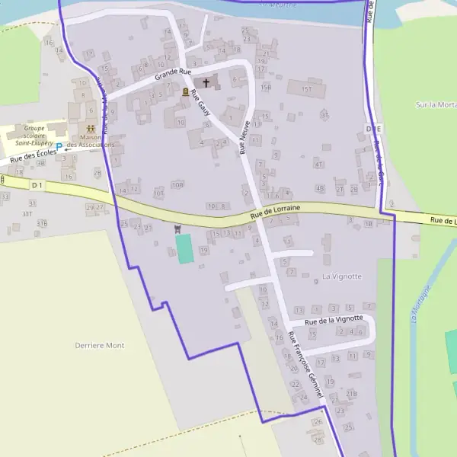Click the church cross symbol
coord(206,82)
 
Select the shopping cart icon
coord(177,228)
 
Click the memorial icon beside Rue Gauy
coord(185,91)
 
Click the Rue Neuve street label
coord(245,139)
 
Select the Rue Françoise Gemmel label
coord(306,366)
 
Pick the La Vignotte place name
coord(342,276)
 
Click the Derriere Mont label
coord(99,346)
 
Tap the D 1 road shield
coord(37,184)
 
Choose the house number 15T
coord(306,89)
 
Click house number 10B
coord(177,184)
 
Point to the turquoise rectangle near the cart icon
coord(184,249)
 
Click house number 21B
coord(351,394)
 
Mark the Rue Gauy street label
coord(200,104)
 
